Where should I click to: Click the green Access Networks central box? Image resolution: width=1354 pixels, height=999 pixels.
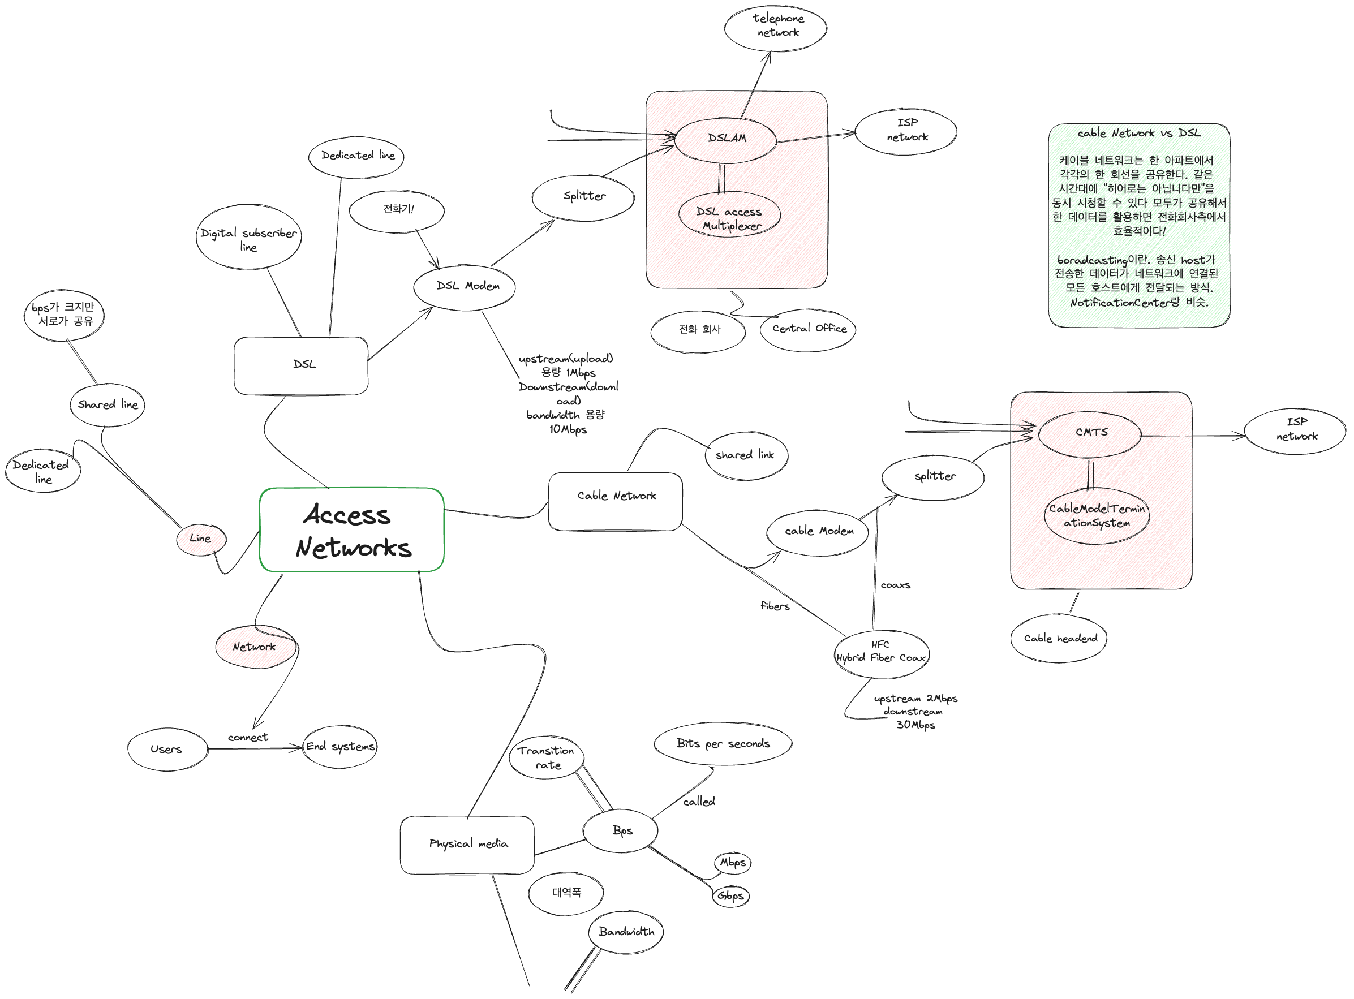tap(351, 529)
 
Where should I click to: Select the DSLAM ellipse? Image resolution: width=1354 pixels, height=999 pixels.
tap(726, 139)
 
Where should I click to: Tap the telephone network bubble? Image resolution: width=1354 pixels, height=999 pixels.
tap(776, 27)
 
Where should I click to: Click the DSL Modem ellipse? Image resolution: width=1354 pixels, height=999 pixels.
tap(465, 286)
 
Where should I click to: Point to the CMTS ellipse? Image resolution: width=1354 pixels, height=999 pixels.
tap(1090, 433)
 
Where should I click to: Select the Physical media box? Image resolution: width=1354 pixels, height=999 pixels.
tap(467, 844)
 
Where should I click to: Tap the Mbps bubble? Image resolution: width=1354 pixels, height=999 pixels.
tap(733, 863)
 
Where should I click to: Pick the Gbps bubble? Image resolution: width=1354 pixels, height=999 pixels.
tap(730, 895)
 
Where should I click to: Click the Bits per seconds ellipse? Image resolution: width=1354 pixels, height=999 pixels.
tap(723, 744)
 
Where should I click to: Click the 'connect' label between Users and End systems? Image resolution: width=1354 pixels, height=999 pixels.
tap(248, 738)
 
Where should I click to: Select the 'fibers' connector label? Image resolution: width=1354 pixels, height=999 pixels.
tap(775, 606)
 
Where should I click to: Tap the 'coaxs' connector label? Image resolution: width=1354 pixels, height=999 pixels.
tap(895, 585)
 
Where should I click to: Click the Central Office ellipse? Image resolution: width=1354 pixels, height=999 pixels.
tap(809, 329)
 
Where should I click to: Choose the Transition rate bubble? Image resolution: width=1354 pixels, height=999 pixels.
tap(547, 757)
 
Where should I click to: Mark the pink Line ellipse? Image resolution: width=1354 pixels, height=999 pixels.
tap(201, 539)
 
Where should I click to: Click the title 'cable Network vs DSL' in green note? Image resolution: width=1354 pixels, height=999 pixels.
tap(1139, 133)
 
